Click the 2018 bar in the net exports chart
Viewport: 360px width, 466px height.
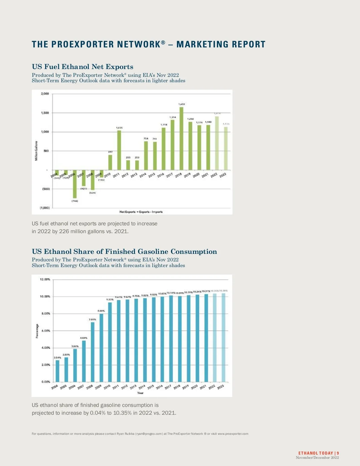[x=181, y=138]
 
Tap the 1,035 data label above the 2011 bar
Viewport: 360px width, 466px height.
[x=119, y=128]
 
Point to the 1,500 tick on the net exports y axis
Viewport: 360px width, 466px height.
[x=45, y=113]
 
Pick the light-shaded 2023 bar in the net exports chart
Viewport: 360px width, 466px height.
[x=226, y=148]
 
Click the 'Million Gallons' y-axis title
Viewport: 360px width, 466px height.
[x=36, y=151]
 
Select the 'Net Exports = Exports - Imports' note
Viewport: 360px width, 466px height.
[x=141, y=212]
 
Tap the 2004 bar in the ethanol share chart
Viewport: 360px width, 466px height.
[x=57, y=371]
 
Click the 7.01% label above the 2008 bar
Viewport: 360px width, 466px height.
[x=92, y=320]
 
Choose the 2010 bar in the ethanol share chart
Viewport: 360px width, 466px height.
[x=110, y=342]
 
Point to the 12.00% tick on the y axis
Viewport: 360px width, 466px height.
[x=45, y=279]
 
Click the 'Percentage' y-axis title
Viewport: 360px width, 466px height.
[x=37, y=331]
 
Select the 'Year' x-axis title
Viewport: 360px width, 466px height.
[x=140, y=393]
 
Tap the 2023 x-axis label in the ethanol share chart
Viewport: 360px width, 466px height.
[x=220, y=387]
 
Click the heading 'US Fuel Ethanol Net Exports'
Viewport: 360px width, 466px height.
[x=82, y=67]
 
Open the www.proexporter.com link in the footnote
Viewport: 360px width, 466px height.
[x=233, y=434]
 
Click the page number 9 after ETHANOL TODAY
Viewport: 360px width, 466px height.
[x=338, y=453]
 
